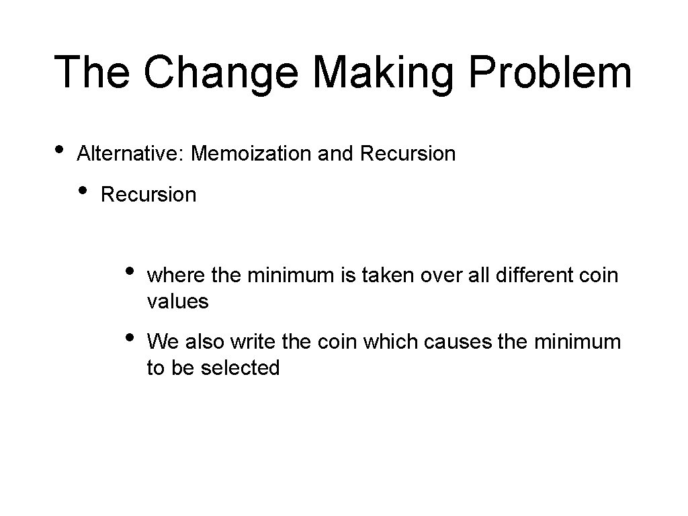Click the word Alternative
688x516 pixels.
click(x=131, y=154)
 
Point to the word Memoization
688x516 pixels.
click(x=251, y=154)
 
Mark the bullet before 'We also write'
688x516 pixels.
click(x=130, y=335)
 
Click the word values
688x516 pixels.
click(x=177, y=302)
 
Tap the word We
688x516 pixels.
click(x=161, y=342)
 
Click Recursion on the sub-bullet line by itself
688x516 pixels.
click(x=148, y=195)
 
